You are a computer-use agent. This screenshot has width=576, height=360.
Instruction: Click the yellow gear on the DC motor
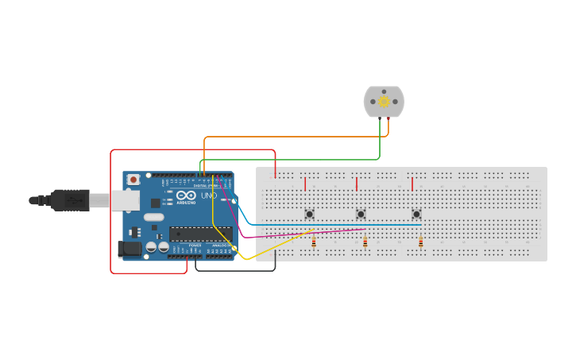click(384, 101)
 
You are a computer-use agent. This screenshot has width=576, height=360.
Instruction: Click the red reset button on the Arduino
click(133, 180)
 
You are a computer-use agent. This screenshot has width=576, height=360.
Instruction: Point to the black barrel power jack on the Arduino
click(129, 250)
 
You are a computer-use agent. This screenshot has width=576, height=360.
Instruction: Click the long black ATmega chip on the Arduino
click(200, 234)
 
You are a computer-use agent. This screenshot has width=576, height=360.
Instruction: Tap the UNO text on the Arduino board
click(209, 196)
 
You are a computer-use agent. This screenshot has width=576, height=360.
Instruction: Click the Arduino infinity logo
click(186, 196)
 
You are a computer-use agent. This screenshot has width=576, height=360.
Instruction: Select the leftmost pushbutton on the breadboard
click(309, 213)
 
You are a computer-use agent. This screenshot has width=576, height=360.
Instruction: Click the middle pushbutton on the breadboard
click(361, 213)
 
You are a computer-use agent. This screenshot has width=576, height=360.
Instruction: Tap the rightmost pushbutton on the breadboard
click(416, 213)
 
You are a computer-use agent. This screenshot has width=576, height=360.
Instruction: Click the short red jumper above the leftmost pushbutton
click(305, 184)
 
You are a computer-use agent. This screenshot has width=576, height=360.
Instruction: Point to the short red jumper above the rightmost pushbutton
click(412, 184)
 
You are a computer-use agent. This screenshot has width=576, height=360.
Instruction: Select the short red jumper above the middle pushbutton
click(357, 184)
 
